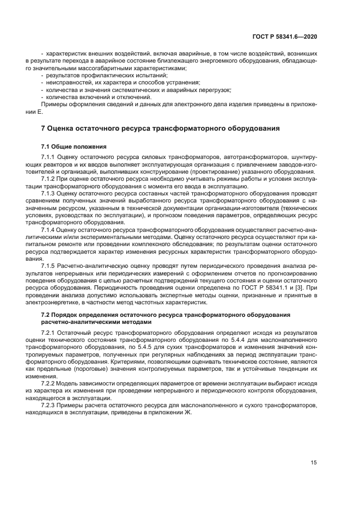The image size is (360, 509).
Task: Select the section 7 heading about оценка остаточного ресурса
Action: click(161, 128)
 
